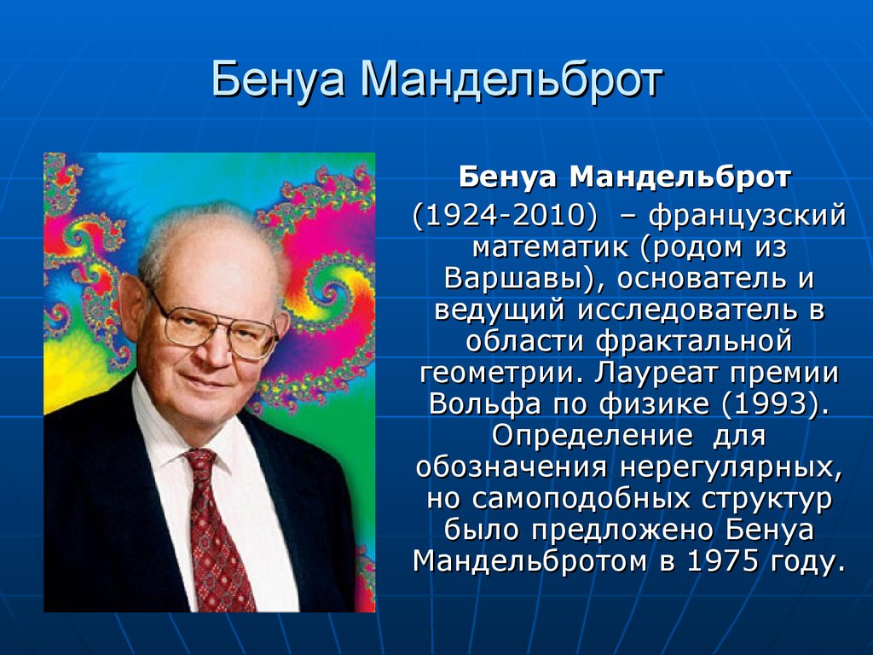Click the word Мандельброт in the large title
(512, 80)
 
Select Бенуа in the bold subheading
(508, 177)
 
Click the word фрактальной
(694, 341)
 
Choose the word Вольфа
(484, 404)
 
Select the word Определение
(592, 436)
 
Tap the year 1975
(722, 561)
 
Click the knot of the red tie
(200, 463)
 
